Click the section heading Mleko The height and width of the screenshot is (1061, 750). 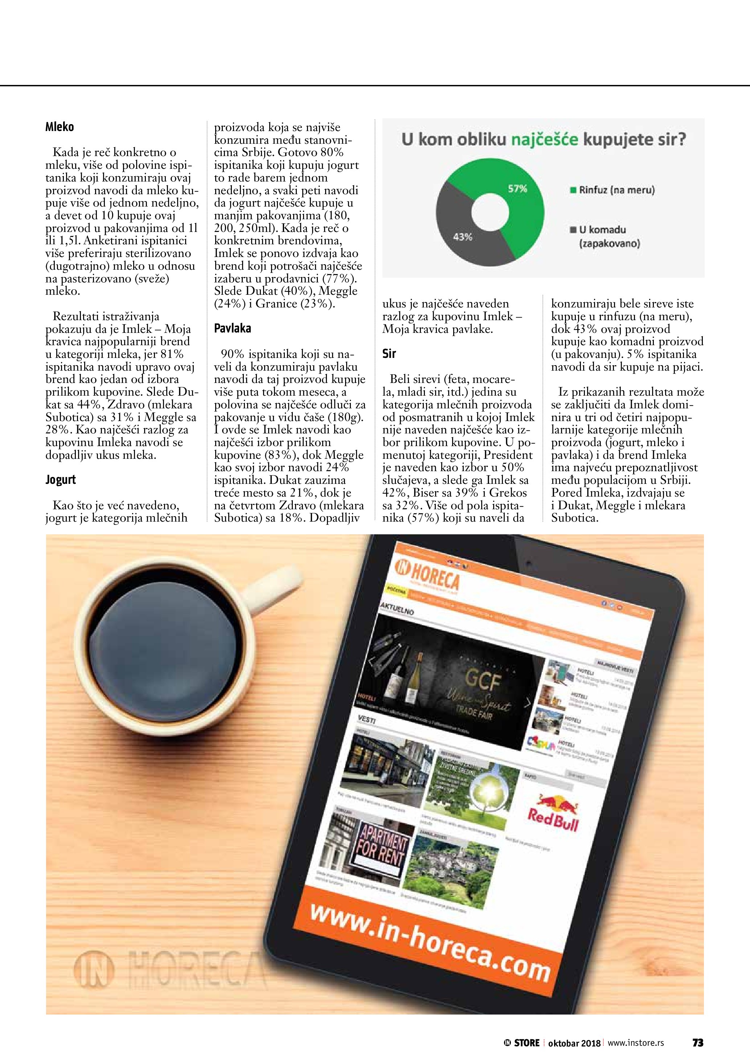pyautogui.click(x=60, y=127)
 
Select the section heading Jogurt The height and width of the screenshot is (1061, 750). pyautogui.click(x=61, y=480)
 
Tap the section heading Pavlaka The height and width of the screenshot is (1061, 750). pyautogui.click(x=232, y=328)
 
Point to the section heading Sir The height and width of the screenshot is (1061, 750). pyautogui.click(x=389, y=354)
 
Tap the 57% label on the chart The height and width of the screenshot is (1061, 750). pyautogui.click(x=518, y=188)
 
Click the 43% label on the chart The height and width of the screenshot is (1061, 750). pyautogui.click(x=463, y=237)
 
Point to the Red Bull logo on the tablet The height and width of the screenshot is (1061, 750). pyautogui.click(x=552, y=814)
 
